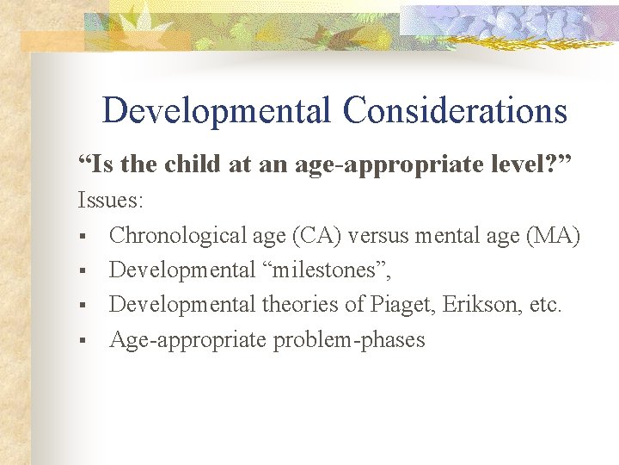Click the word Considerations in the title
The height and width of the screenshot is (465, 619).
tap(455, 111)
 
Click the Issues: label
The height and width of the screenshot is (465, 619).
tap(111, 201)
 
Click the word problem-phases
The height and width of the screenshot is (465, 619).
tap(349, 340)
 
